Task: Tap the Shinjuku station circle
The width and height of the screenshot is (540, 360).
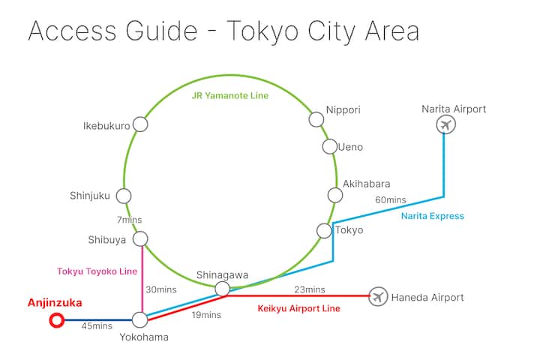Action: [x=124, y=196]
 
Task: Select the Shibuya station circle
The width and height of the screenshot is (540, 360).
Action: [x=140, y=239]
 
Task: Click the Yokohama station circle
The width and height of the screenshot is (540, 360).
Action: [x=140, y=320]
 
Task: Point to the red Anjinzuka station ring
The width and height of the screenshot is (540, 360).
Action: [x=55, y=321]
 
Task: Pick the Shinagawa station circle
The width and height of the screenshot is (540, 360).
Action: [x=222, y=289]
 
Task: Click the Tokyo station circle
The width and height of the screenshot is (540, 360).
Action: [x=324, y=231]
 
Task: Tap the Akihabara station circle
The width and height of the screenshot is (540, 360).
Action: [x=335, y=195]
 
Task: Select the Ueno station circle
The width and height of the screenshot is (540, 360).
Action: [x=330, y=146]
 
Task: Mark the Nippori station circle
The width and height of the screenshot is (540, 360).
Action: [x=316, y=119]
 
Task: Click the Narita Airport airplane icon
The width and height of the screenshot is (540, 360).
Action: [x=446, y=124]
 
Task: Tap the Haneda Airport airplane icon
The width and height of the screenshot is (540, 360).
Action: [x=379, y=297]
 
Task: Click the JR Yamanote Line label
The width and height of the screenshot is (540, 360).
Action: [x=229, y=96]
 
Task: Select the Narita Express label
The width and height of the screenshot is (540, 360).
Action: [x=433, y=216]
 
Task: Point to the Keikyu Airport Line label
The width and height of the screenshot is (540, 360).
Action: [x=299, y=308]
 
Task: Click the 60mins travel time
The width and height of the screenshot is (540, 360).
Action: [x=391, y=200]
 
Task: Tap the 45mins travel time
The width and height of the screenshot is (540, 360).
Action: [x=97, y=325]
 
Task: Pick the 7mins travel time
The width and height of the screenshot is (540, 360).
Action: [x=129, y=220]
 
